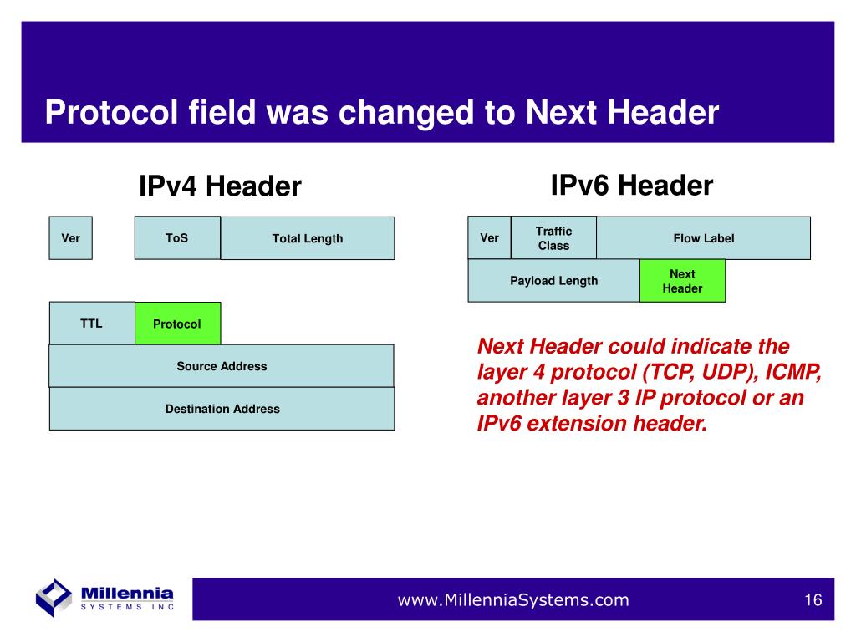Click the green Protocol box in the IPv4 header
point(178,324)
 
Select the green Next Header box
point(682,281)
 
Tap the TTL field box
point(92,324)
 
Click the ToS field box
point(177,238)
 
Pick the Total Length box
point(308,238)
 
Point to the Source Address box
point(222,366)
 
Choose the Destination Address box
point(222,409)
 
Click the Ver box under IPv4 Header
point(70,238)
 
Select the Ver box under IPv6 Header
point(489,238)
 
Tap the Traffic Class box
point(553,238)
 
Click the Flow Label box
point(704,238)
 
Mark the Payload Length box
point(553,281)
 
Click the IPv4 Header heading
point(220,186)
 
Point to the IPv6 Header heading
point(632,186)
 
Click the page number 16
point(813,600)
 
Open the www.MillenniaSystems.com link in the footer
point(513,600)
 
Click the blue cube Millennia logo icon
point(53,598)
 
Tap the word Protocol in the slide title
point(111,113)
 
